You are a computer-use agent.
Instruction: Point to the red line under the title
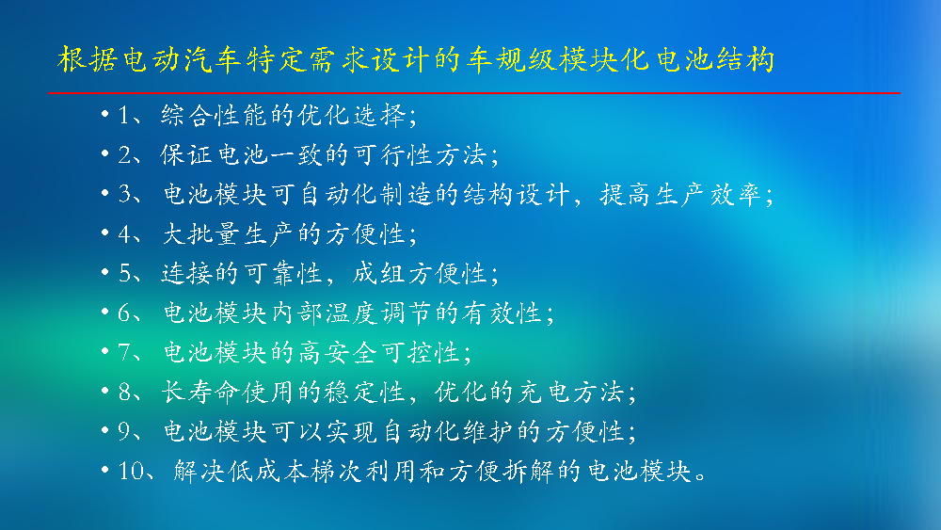pyautogui.click(x=474, y=93)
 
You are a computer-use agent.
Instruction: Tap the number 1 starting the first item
pyautogui.click(x=123, y=115)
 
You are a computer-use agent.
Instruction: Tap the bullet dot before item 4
pyautogui.click(x=105, y=233)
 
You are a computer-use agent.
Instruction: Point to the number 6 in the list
pyautogui.click(x=123, y=313)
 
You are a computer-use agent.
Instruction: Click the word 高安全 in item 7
pyautogui.click(x=339, y=352)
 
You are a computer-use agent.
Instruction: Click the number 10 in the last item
pyautogui.click(x=130, y=472)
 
